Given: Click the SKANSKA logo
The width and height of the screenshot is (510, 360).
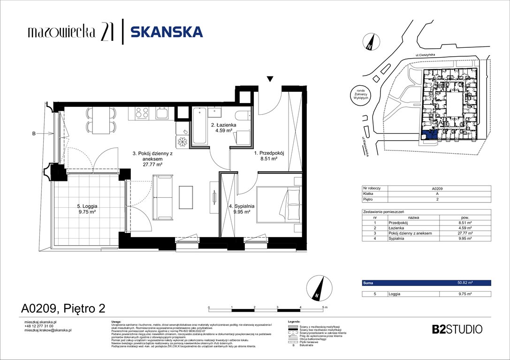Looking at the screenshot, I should [166, 32].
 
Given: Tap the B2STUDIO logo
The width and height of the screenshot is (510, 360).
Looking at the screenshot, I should [457, 329].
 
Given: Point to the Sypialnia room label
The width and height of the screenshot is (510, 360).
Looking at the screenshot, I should [242, 209].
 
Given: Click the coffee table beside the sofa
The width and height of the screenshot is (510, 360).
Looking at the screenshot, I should [186, 197].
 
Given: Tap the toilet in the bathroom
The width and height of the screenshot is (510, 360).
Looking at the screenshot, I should [241, 117].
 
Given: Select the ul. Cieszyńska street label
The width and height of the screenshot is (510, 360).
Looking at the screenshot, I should [425, 55].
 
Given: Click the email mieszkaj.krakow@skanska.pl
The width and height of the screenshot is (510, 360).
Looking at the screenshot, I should [47, 330].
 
